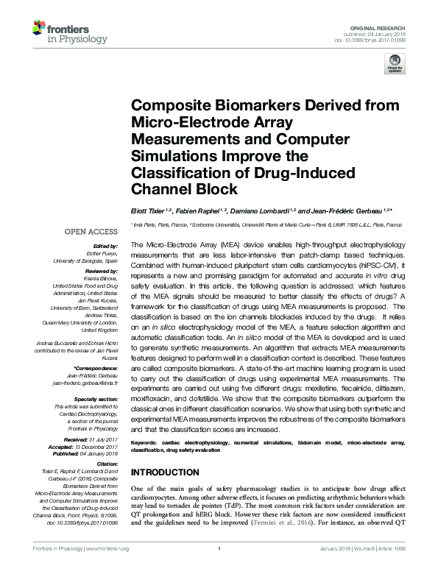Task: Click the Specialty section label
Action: tap(97, 398)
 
